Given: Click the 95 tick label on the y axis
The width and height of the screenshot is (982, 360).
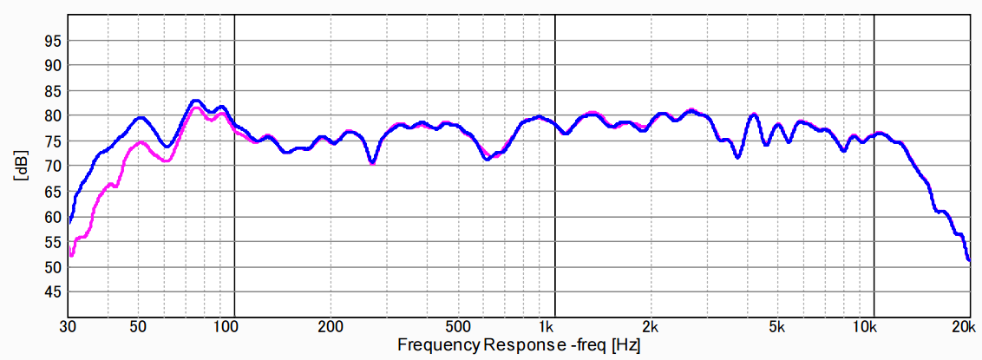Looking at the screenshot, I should (x=54, y=40).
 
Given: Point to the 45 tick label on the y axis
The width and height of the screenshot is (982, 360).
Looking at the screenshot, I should (x=54, y=292).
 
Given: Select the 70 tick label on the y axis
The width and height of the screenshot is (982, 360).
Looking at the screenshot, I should (x=54, y=166).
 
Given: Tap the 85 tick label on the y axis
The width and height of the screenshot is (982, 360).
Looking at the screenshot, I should (x=54, y=90).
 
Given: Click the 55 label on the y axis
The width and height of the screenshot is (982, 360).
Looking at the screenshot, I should (x=54, y=242).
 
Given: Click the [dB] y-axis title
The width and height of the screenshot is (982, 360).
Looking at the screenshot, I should (x=20, y=166).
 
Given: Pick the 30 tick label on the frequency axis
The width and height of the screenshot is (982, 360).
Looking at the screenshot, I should (x=69, y=327).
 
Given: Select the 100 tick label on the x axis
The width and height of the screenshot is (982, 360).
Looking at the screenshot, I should (x=226, y=327).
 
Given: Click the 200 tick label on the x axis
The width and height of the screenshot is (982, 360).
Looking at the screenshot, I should (x=330, y=327).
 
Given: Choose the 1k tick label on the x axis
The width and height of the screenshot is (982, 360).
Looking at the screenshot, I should (x=546, y=327).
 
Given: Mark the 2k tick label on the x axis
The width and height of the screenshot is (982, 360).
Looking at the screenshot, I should (x=651, y=327).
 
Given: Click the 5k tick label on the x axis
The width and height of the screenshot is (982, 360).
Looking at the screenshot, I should (x=777, y=327).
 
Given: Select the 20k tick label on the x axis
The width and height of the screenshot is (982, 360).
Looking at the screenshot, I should (x=962, y=327).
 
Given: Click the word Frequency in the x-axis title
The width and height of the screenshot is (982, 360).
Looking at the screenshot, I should (x=438, y=344).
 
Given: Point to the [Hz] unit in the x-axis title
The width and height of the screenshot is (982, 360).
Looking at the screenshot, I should (x=626, y=344).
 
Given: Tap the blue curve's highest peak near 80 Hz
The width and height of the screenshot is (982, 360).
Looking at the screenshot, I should (x=195, y=101).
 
